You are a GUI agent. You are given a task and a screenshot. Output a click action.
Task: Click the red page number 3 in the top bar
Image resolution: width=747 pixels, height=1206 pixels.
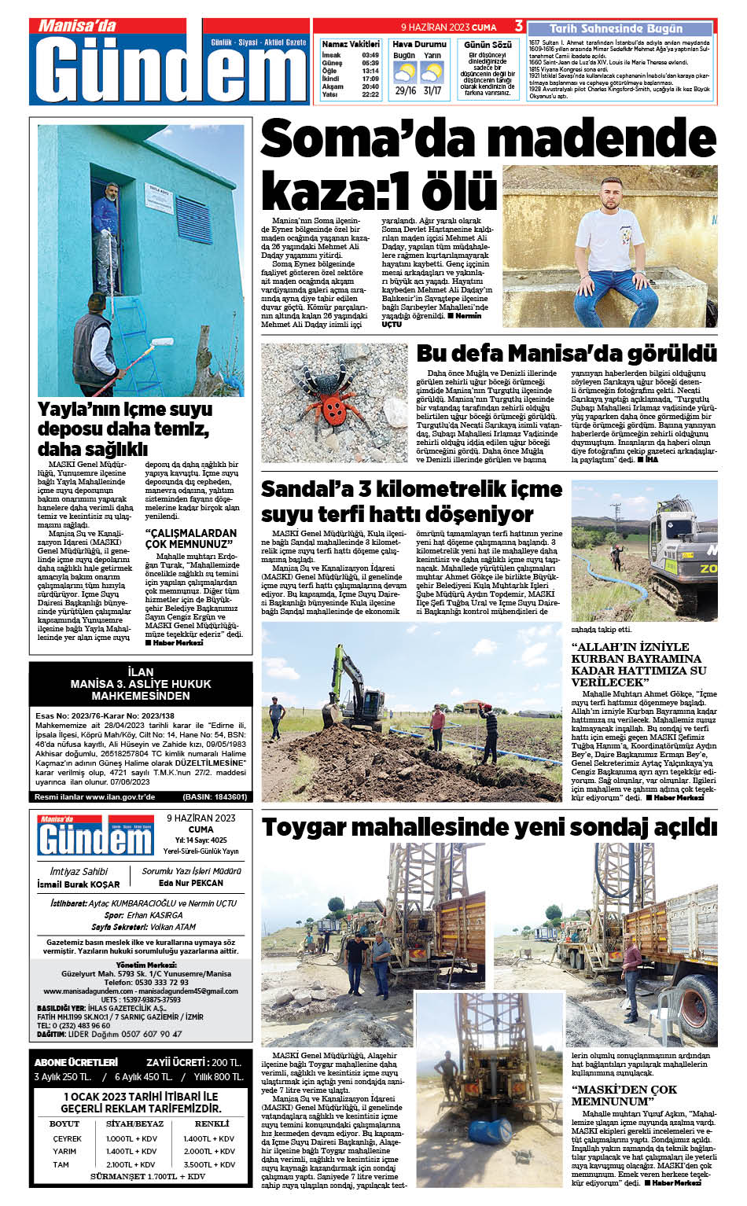[519, 26]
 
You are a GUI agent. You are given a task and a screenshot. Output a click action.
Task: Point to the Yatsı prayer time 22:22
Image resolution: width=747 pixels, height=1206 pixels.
[370, 94]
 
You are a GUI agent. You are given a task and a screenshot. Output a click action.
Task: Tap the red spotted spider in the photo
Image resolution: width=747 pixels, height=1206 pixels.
[333, 403]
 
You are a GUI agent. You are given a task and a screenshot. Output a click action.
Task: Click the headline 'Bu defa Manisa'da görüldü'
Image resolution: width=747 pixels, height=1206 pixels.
[566, 353]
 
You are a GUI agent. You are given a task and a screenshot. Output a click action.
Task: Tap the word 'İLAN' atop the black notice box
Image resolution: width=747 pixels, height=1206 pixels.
[141, 671]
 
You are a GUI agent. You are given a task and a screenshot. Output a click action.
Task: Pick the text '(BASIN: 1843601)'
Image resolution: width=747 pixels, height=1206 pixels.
[215, 796]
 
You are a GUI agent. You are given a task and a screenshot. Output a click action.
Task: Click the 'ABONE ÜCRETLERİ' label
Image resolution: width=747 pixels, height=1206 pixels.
[76, 1062]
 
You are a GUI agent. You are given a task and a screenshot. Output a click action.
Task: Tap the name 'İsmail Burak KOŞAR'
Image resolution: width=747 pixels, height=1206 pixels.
[79, 884]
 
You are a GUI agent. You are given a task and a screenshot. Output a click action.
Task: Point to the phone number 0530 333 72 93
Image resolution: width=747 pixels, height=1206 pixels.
[146, 982]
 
